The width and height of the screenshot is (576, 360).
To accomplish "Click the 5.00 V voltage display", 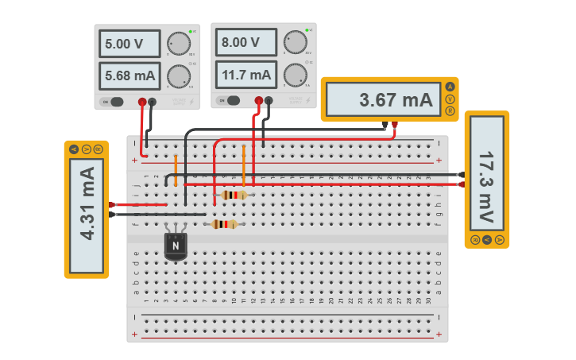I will click(x=129, y=45).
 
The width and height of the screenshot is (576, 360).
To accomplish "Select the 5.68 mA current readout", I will click(x=129, y=76).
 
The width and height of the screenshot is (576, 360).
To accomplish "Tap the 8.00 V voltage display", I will click(x=245, y=43).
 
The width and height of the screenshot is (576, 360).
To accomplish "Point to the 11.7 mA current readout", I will click(x=245, y=75).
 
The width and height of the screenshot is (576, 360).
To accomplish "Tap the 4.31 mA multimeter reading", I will click(x=87, y=215).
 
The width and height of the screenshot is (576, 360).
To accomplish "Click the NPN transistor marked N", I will click(x=176, y=246).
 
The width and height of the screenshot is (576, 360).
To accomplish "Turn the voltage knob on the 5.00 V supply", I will click(x=179, y=44).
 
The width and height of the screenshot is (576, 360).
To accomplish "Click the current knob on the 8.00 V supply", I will click(x=295, y=75).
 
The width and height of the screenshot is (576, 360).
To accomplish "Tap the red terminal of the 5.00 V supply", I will click(x=142, y=102).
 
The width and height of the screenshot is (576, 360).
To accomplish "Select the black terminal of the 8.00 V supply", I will click(x=269, y=100).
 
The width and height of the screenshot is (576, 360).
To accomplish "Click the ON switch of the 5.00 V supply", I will click(x=114, y=102).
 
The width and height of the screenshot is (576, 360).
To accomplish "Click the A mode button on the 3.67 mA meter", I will click(x=450, y=87).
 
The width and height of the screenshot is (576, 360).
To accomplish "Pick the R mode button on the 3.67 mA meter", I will click(x=450, y=111).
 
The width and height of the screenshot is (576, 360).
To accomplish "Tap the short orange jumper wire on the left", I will click(x=176, y=168).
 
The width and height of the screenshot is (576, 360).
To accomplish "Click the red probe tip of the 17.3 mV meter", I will click(x=462, y=184).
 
